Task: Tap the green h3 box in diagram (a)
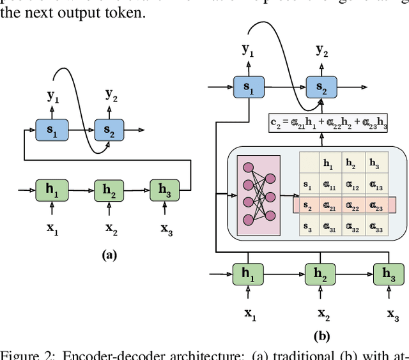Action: click(165, 190)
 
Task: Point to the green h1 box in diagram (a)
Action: click(52, 190)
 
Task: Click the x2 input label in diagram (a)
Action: click(111, 229)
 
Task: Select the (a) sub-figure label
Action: click(109, 255)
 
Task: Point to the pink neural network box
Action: click(258, 194)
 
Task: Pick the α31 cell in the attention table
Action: click(328, 227)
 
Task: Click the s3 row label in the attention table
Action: click(307, 227)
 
